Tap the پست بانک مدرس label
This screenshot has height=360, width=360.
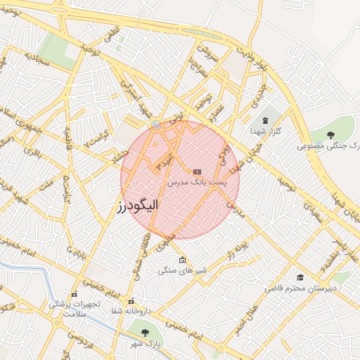pyautogui.click(x=196, y=182)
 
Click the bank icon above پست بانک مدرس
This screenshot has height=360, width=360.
pyautogui.click(x=196, y=171)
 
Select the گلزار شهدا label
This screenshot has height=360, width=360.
pyautogui.click(x=266, y=131)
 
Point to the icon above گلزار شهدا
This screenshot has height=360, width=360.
pyautogui.click(x=266, y=120)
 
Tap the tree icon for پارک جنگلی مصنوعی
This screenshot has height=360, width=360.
pyautogui.click(x=331, y=134)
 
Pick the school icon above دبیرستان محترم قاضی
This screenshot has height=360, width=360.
pyautogui.click(x=301, y=278)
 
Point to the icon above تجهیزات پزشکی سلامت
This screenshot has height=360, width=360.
pyautogui.click(x=74, y=295)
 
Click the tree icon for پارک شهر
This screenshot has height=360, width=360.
pyautogui.click(x=145, y=331)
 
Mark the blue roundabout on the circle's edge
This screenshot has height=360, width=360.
pyautogui.click(x=155, y=125)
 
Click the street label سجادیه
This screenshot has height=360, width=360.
pyautogui.click(x=37, y=58)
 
